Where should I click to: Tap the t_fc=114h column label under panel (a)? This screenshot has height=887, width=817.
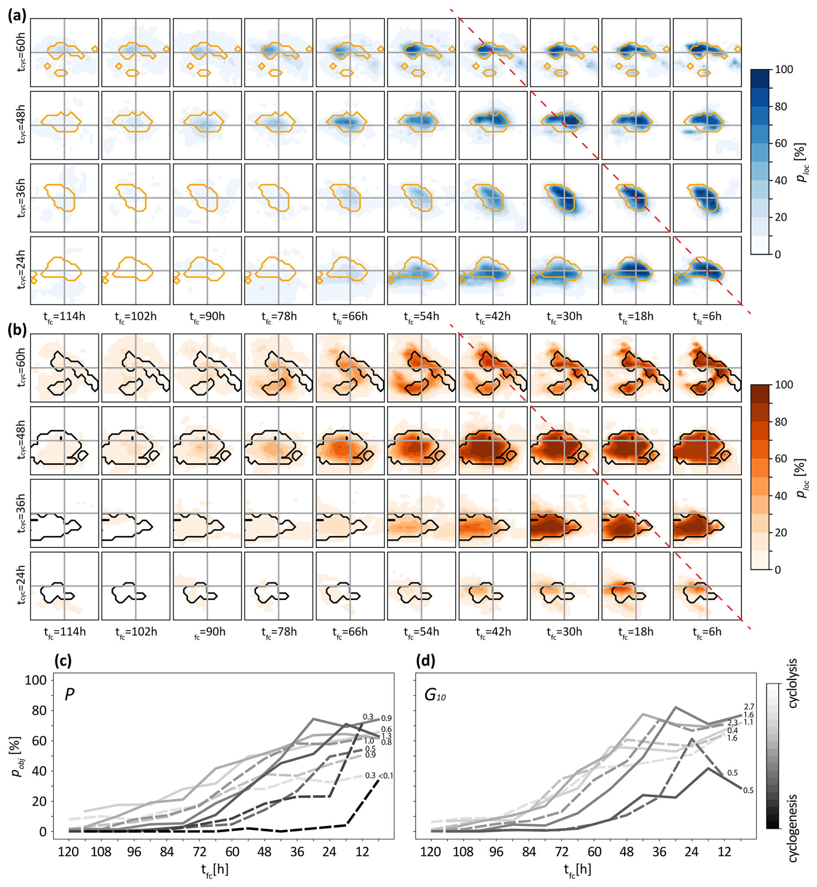[64, 317]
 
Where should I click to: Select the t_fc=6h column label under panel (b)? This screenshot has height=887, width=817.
[707, 632]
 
